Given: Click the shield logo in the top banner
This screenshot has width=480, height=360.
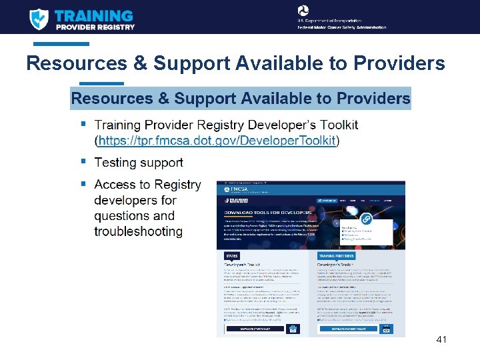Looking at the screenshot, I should pos(39,19).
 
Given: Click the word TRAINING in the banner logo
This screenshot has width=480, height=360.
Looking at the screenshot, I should pos(93,15).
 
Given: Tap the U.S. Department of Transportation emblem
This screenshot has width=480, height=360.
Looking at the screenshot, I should pos(304,10).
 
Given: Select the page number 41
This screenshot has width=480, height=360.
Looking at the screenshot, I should pos(441,340).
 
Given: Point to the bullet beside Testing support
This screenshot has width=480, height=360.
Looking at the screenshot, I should pos(83,161).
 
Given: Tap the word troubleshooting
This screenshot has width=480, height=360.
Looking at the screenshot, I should pos(138,232).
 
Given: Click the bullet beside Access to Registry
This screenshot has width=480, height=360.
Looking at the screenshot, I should pos(83,183).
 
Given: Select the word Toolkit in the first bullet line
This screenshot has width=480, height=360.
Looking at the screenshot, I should pos(335,125).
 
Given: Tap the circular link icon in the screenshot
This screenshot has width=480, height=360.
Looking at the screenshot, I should pos(366,219).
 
